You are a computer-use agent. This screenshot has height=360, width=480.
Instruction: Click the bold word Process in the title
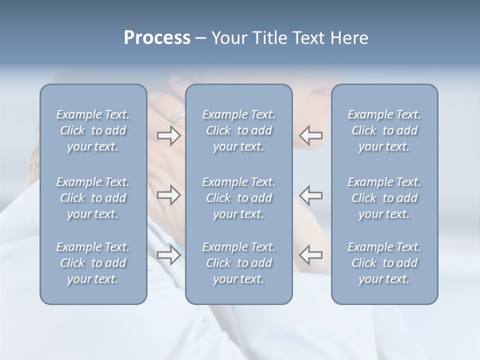coord(157,38)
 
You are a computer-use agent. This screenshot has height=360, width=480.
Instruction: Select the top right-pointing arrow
coord(169,135)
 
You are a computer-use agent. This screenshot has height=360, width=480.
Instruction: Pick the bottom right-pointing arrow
coord(169,255)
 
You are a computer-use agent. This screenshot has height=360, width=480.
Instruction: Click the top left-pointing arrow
coord(311,135)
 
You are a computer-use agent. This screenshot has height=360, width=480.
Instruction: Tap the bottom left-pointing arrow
coord(311,255)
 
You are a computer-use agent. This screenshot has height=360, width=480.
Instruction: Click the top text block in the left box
coord(93,130)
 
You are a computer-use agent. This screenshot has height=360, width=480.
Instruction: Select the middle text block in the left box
coord(93,198)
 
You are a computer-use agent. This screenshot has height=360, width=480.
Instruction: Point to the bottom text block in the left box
coord(93,263)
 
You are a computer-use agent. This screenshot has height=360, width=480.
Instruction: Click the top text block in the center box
coord(239,130)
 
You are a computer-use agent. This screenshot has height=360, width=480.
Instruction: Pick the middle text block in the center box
coord(239,198)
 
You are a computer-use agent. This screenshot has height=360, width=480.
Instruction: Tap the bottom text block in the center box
coord(239,263)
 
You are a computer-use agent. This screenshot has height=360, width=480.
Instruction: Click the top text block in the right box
coord(384,130)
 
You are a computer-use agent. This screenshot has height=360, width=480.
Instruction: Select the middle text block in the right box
coord(384,198)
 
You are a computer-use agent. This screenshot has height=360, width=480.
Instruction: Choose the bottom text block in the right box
coord(384,263)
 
